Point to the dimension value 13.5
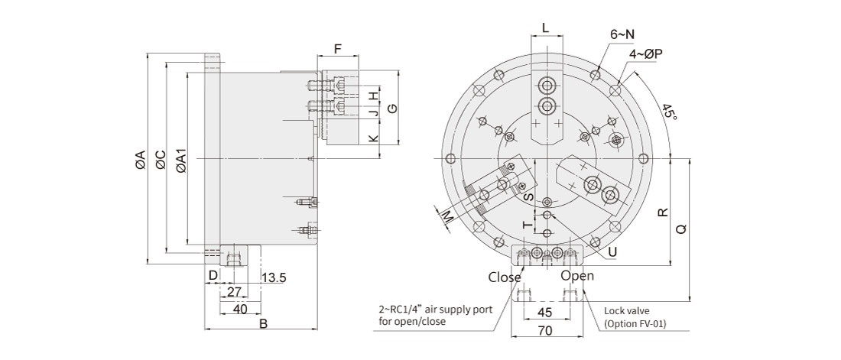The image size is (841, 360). point(273,278)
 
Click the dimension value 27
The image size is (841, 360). point(235,291)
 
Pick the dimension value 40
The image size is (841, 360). point(240,309)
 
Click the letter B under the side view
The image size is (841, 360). point(262,324)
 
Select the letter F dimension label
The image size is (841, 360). point(337,48)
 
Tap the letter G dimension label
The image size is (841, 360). point(391,109)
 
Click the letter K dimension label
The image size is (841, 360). point(372,139)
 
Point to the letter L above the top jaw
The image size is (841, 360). point(545,27)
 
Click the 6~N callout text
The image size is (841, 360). point(622,34)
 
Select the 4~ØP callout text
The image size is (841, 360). point(645,54)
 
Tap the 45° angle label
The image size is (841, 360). point(671,112)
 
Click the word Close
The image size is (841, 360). point(504,277)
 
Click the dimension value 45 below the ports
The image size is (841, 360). point(545,312)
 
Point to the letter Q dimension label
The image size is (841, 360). point(681,229)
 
